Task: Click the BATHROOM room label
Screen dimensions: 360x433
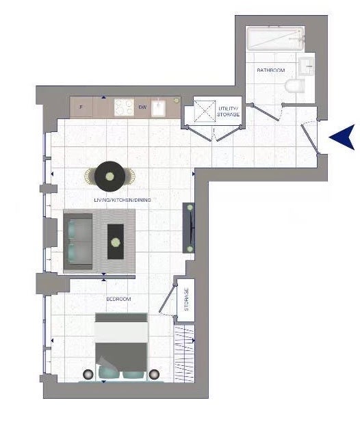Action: pyautogui.click(x=270, y=70)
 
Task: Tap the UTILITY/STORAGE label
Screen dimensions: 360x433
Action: pyautogui.click(x=228, y=111)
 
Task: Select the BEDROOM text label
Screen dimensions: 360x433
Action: pyautogui.click(x=118, y=299)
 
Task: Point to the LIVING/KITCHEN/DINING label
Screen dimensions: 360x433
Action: pyautogui.click(x=123, y=200)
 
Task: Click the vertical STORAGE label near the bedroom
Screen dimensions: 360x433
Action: pyautogui.click(x=186, y=300)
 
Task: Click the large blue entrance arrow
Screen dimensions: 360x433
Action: pyautogui.click(x=342, y=137)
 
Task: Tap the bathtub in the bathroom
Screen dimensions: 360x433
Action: pyautogui.click(x=275, y=38)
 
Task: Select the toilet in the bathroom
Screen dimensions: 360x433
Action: pyautogui.click(x=295, y=86)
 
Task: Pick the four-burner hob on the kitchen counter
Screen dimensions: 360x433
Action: pyautogui.click(x=124, y=107)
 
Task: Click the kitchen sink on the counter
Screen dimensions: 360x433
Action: pyautogui.click(x=159, y=108)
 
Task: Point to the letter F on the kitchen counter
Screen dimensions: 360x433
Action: pyautogui.click(x=81, y=107)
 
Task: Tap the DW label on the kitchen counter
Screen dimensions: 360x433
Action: pyautogui.click(x=142, y=107)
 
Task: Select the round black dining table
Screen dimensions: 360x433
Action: pyautogui.click(x=110, y=176)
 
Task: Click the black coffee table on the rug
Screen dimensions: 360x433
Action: pyautogui.click(x=116, y=241)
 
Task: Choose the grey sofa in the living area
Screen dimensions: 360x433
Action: pyautogui.click(x=78, y=241)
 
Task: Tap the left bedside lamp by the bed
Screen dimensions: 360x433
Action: pyautogui.click(x=88, y=374)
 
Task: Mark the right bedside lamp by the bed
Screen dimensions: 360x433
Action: pyautogui.click(x=154, y=374)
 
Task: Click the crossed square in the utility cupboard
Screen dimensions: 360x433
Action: pyautogui.click(x=205, y=111)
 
